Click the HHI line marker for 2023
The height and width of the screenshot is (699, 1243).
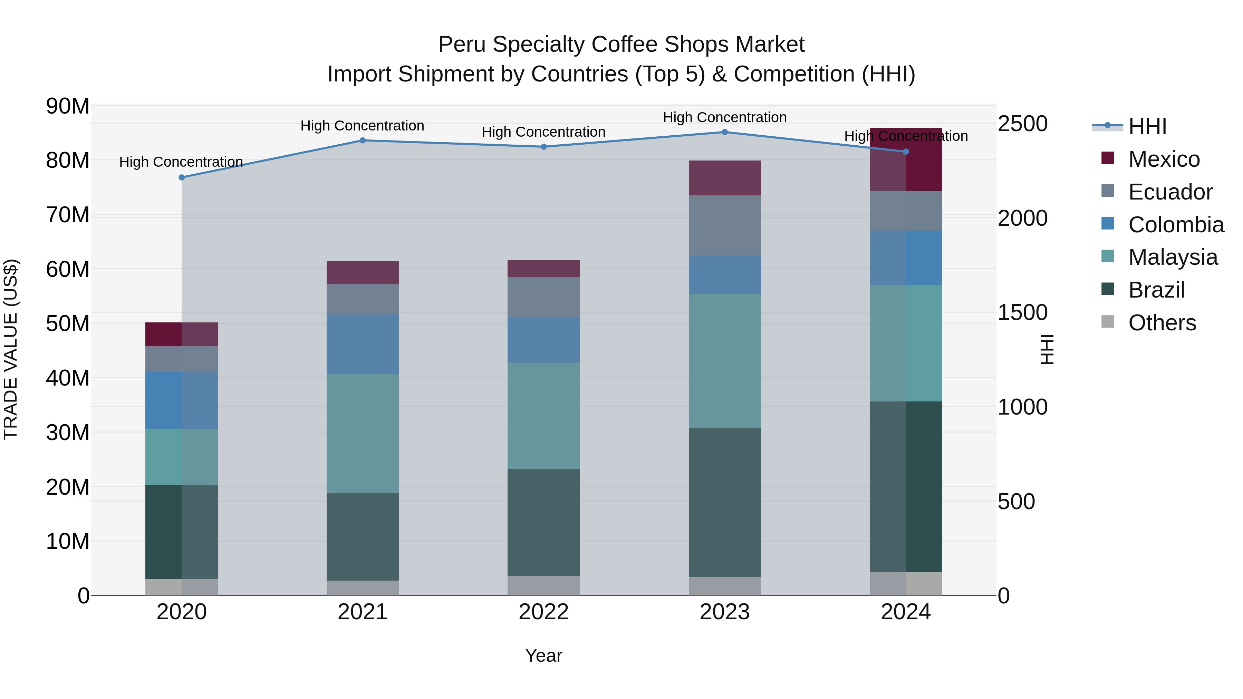click(725, 132)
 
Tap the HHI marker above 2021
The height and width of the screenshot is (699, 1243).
click(363, 140)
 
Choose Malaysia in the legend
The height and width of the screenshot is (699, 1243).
click(1173, 257)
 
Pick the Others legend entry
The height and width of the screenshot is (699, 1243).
click(1162, 323)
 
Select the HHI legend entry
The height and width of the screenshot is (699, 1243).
click(1147, 126)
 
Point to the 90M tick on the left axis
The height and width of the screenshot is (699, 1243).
click(68, 106)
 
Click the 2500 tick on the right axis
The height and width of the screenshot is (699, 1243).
click(1022, 124)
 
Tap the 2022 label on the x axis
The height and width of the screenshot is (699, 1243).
click(543, 612)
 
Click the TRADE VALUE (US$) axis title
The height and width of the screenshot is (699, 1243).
click(11, 349)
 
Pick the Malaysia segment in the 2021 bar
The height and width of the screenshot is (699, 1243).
click(363, 433)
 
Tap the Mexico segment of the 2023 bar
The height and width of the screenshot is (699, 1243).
click(725, 178)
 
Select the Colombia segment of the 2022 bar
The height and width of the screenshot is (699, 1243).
click(543, 340)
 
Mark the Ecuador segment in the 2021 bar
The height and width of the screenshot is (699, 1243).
click(363, 299)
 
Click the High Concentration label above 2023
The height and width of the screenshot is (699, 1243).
click(725, 118)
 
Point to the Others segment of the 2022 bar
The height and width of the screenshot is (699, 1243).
click(543, 585)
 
